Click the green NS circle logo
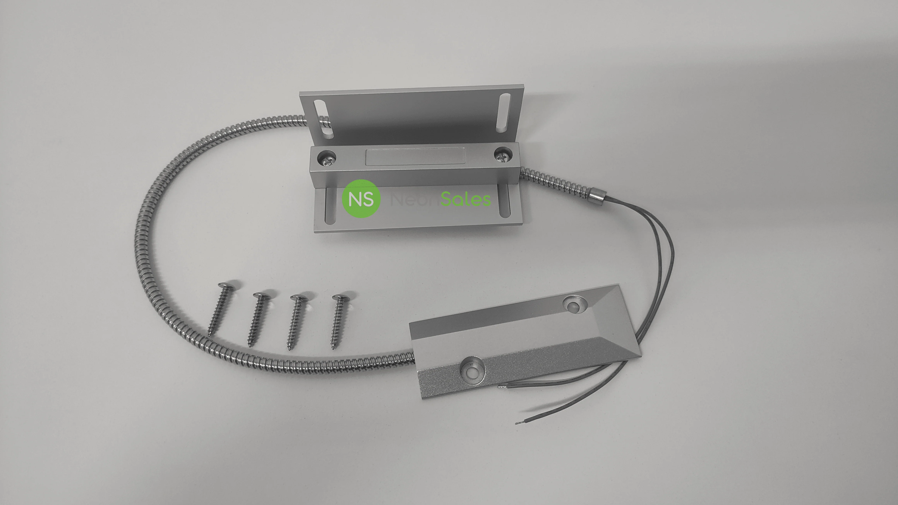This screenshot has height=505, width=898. pos(361,199)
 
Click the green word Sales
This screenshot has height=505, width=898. pos(466,199)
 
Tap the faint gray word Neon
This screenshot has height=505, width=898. pos(415,200)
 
